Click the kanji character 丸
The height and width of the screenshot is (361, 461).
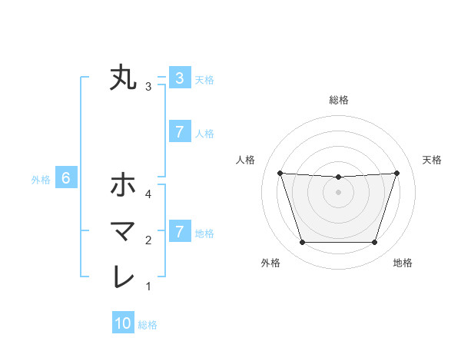click(123, 78)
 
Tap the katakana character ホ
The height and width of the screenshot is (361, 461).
click(123, 184)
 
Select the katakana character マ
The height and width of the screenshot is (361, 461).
click(123, 230)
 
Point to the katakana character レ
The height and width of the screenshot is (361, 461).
click(123, 277)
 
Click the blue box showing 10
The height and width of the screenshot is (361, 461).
click(123, 324)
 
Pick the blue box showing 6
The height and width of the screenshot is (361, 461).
click(66, 179)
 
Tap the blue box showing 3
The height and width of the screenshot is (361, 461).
click(179, 78)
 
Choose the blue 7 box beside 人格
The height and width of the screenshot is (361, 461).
click(179, 132)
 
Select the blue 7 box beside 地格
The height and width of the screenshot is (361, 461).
click(179, 232)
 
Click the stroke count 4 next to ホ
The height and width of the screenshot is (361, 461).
click(148, 194)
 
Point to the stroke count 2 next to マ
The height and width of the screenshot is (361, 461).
click(148, 240)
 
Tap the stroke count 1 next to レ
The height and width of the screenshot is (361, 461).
click(148, 287)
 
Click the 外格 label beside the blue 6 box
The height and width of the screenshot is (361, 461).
click(41, 180)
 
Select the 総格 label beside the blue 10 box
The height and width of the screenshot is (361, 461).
click(148, 325)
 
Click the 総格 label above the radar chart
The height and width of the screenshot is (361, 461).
click(338, 100)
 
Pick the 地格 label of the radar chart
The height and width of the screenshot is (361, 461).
click(403, 263)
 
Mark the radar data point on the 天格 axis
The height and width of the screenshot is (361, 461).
click(397, 173)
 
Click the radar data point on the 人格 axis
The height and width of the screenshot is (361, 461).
click(280, 173)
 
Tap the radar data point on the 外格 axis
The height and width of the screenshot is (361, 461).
click(302, 243)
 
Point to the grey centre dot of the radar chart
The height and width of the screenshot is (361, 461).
click(338, 192)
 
